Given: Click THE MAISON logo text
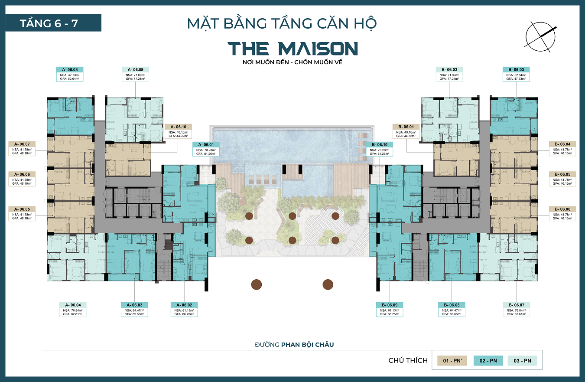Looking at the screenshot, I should [293, 49].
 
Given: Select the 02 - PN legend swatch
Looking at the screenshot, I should [488, 360].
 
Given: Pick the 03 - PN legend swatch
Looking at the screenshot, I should [522, 360].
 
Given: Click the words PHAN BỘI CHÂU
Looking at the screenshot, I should [308, 345].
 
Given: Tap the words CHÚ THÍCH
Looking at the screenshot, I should [408, 360].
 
